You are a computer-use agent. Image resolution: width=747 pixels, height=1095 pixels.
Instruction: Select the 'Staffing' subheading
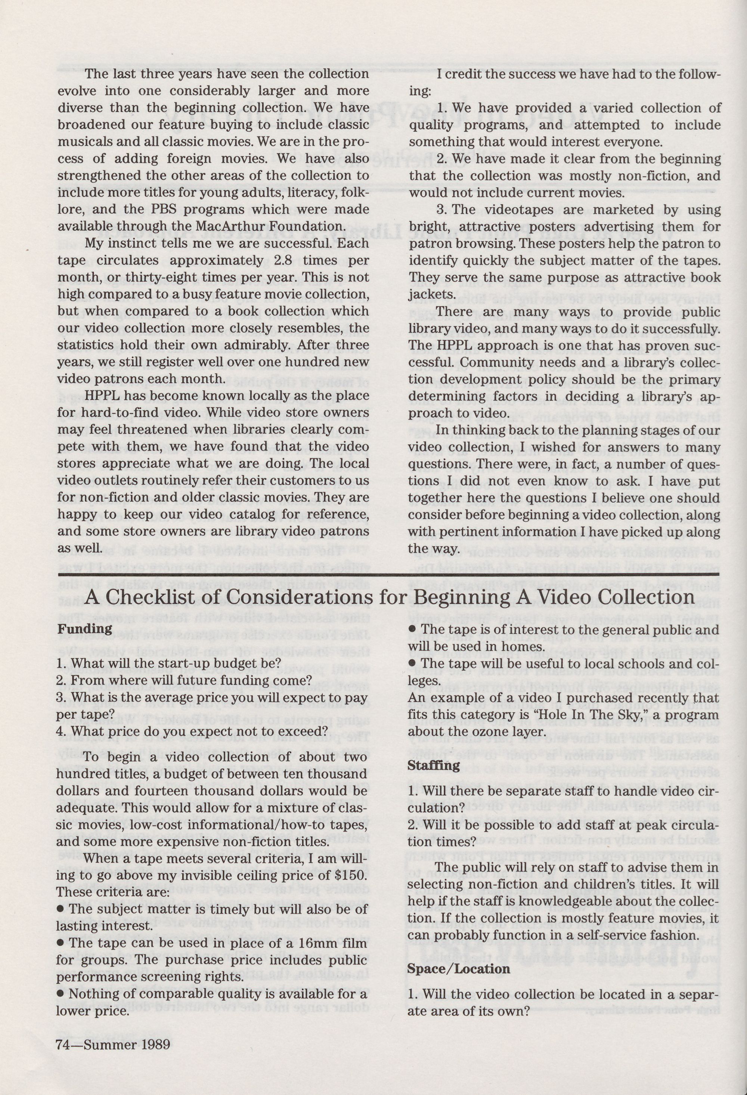(433, 765)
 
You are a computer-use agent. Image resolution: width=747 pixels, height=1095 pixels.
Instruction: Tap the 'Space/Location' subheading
(458, 969)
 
